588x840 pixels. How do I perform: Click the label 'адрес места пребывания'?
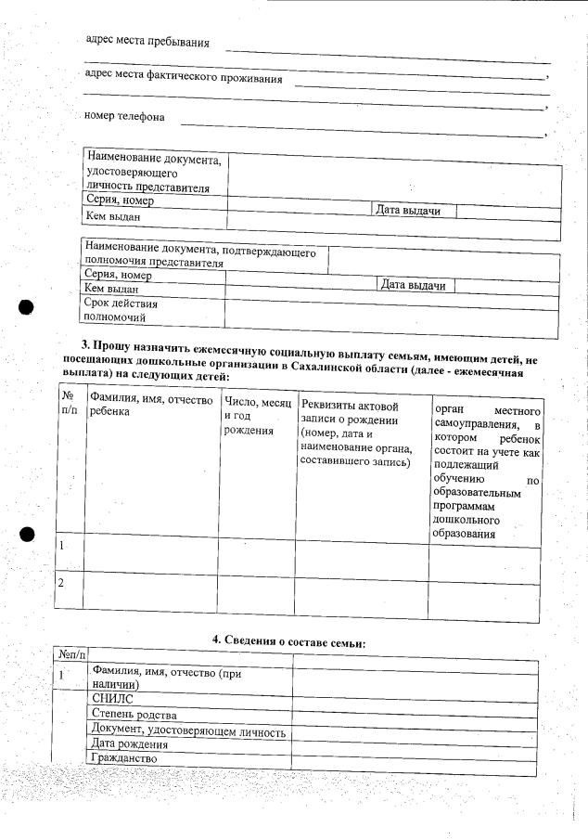click(147, 42)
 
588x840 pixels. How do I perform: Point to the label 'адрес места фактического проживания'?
click(183, 78)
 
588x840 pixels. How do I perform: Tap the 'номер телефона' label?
click(124, 117)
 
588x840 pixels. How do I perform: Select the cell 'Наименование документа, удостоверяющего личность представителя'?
click(154, 173)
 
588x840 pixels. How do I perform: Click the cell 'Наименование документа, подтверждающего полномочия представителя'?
click(200, 256)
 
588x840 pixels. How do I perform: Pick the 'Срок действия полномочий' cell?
click(121, 310)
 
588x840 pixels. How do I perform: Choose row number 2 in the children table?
click(62, 583)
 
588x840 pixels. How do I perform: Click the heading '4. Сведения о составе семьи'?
click(289, 642)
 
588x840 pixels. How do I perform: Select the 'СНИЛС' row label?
click(113, 698)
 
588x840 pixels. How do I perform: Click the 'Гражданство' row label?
click(124, 758)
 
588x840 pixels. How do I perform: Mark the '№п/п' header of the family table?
click(70, 655)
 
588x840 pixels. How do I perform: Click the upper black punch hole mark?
click(26, 308)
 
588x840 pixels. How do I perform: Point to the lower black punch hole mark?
click(26, 535)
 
